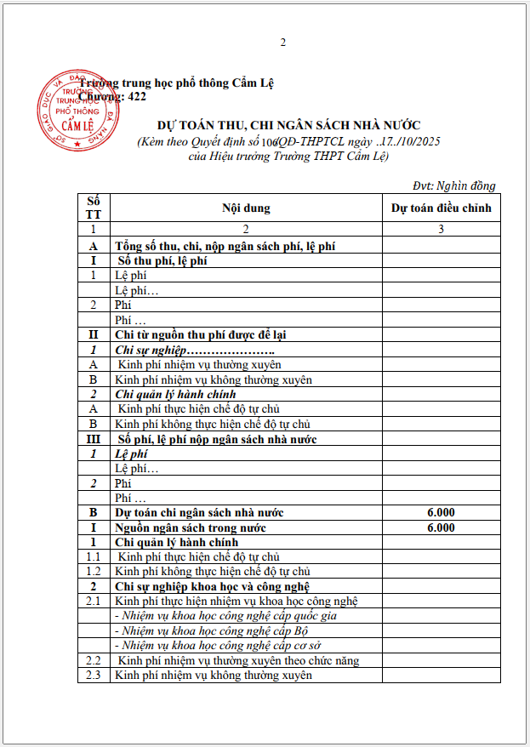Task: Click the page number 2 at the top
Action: point(283,43)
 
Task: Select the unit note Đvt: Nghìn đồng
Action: point(453,185)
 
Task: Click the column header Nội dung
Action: point(246,208)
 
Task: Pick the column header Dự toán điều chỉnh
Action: point(441,208)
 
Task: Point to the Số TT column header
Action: point(93,208)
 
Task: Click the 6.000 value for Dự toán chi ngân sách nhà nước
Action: point(442,512)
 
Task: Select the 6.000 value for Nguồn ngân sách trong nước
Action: point(442,527)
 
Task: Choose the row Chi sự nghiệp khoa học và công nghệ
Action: point(212,586)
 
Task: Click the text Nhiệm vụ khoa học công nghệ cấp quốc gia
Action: point(226,616)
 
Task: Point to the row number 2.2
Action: point(93,660)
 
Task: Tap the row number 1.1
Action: point(93,556)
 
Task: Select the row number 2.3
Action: point(93,675)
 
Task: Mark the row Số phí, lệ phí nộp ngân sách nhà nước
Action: point(218,439)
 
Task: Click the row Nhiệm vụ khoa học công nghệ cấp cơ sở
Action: point(219,645)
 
